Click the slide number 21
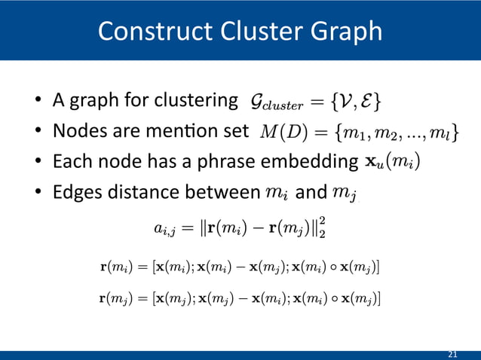point(452,354)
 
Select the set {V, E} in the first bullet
point(357,100)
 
